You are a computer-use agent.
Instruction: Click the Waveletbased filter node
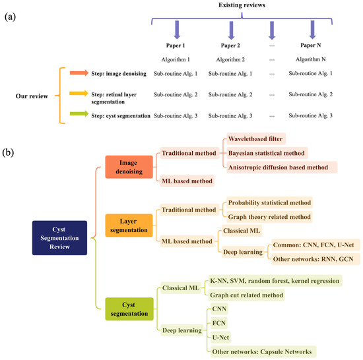(257, 139)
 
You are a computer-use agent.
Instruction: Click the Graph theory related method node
(269, 216)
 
